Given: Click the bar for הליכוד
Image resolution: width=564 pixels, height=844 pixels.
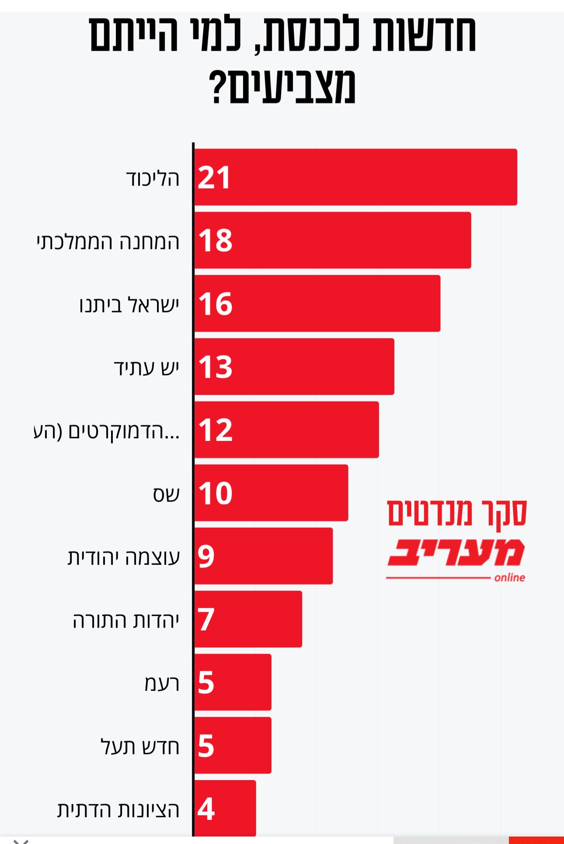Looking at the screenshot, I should pyautogui.click(x=355, y=177).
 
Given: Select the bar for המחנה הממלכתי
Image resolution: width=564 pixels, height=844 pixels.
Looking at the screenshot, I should pyautogui.click(x=332, y=240).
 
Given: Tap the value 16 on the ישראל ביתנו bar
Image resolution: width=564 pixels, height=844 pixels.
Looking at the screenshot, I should pyautogui.click(x=215, y=304).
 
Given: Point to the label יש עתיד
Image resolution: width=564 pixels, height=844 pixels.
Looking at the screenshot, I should pyautogui.click(x=146, y=367).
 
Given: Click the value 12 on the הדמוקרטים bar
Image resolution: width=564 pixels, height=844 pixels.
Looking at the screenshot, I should pyautogui.click(x=215, y=430).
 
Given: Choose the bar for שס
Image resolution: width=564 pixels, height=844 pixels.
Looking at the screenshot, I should pyautogui.click(x=271, y=493).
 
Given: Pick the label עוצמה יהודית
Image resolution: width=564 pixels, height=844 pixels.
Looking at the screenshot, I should pyautogui.click(x=124, y=557).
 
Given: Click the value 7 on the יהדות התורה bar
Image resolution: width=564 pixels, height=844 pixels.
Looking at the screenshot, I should pyautogui.click(x=206, y=619).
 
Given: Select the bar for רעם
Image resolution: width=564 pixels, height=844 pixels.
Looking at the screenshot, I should pyautogui.click(x=233, y=682).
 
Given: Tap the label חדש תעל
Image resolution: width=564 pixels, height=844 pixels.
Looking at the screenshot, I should pyautogui.click(x=140, y=746).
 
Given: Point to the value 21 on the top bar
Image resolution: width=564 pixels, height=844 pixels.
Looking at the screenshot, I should pyautogui.click(x=214, y=177).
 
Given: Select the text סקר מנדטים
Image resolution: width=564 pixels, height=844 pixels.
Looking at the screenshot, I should pyautogui.click(x=457, y=513).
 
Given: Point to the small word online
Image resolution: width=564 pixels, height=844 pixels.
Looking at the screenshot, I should pyautogui.click(x=509, y=578).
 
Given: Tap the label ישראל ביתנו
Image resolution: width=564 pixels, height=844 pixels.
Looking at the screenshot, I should pyautogui.click(x=129, y=305).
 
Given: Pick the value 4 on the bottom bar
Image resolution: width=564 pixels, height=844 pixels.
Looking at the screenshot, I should pyautogui.click(x=206, y=809).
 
